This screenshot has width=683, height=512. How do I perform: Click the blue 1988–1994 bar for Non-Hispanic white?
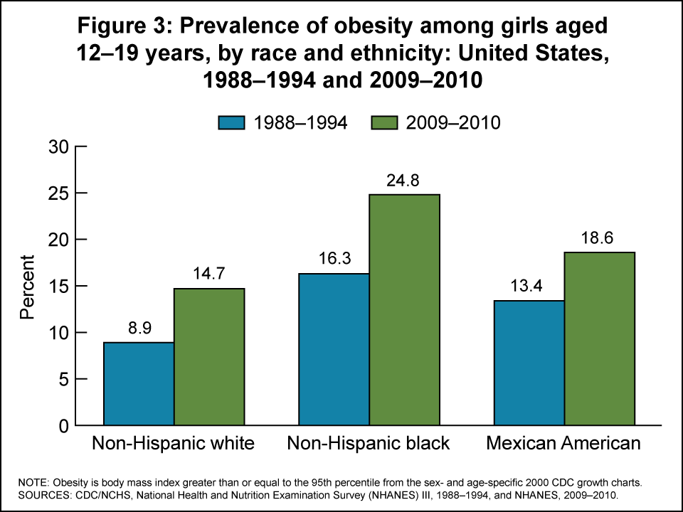139,384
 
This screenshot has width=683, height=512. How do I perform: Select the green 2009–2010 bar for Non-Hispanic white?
209,357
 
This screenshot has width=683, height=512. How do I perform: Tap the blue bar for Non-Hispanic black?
334,349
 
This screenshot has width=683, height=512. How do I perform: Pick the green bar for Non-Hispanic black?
404,310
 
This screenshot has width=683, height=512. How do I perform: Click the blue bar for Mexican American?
529,363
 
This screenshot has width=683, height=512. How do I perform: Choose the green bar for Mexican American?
599,338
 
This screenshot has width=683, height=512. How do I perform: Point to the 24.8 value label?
404,181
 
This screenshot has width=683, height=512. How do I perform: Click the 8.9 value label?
139,329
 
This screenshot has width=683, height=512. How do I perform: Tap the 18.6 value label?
599,238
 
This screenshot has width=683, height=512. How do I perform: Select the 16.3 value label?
334,260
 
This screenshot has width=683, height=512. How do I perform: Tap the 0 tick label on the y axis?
63,426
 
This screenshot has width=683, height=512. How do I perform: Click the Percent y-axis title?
27,287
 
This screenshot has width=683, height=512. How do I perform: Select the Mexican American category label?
563,444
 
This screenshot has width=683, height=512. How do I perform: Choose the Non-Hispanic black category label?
369,444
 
